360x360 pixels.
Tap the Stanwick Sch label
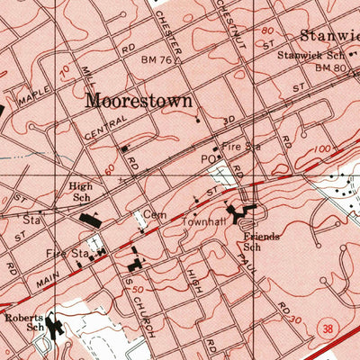tap(305, 55)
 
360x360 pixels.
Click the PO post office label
tap(205, 157)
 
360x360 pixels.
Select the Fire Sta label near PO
tap(240, 145)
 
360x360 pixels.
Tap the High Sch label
tap(81, 193)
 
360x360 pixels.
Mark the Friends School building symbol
tap(241, 214)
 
